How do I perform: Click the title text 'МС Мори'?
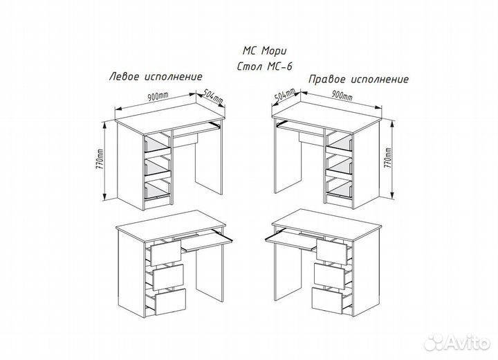coord(264,51)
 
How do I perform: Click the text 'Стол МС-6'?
coord(264,66)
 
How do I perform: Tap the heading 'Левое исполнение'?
coord(156,77)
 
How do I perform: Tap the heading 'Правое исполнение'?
coord(358,79)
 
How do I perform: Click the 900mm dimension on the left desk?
coord(158,97)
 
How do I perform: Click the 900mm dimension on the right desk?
coord(342,94)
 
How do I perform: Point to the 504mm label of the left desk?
coord(213,96)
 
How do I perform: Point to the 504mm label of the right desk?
coord(285,94)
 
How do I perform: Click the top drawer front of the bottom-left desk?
coord(165,253)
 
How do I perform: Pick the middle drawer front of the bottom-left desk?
coord(168,277)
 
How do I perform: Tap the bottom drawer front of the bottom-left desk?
coord(170,301)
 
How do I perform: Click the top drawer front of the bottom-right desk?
coord(331,251)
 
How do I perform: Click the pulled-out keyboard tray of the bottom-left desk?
coord(207,242)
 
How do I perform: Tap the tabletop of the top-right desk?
coord(327,116)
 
